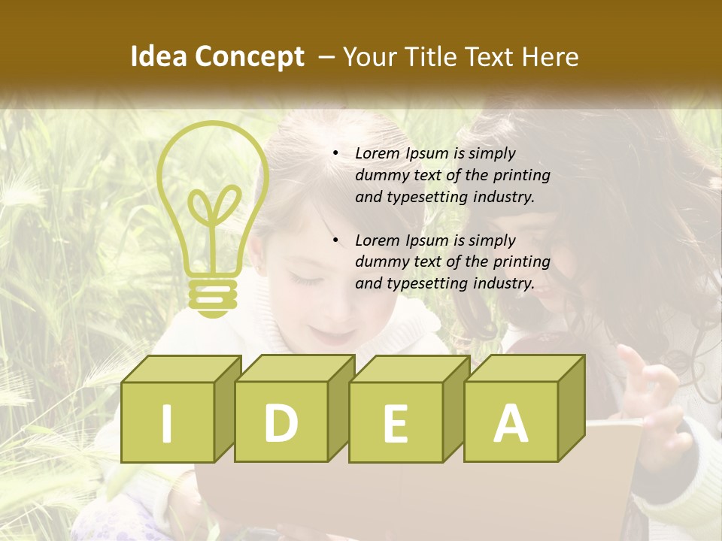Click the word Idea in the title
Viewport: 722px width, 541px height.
tap(159, 57)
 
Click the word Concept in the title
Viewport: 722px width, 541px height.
tap(250, 57)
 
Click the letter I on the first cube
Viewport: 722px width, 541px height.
tap(167, 423)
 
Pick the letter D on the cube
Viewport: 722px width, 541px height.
tap(281, 423)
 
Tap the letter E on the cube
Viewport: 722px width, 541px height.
tap(395, 424)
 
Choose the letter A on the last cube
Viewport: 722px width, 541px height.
tap(510, 423)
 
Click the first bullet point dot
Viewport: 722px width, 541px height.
tap(335, 153)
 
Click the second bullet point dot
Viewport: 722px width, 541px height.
tap(335, 240)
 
